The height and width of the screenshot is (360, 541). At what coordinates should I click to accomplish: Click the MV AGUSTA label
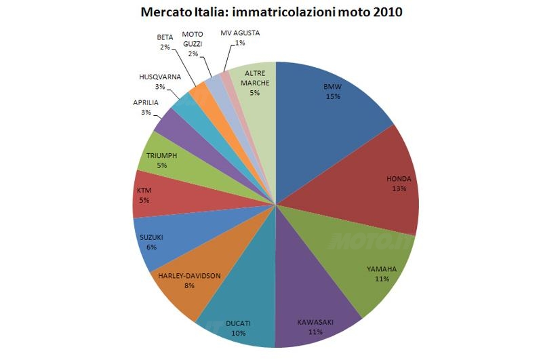click(x=240, y=33)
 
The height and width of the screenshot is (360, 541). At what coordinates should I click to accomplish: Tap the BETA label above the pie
click(x=164, y=37)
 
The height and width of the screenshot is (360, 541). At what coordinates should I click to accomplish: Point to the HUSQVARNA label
click(x=159, y=77)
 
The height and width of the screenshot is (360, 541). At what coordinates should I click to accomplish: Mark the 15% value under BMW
click(x=332, y=96)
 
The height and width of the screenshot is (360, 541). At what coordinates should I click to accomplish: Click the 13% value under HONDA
click(x=399, y=188)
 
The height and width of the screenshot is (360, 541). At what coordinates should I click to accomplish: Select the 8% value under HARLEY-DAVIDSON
click(x=189, y=285)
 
